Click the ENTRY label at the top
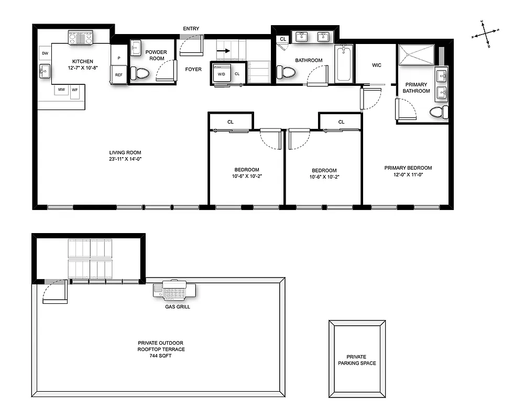(191, 29)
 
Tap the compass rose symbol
(486, 34)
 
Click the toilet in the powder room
(139, 73)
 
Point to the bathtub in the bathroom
(344, 63)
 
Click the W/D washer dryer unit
(221, 74)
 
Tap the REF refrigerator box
(119, 75)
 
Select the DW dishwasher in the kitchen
(45, 53)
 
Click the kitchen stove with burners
(80, 38)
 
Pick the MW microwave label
(62, 90)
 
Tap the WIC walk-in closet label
(376, 65)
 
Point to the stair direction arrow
(224, 51)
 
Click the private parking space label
(357, 360)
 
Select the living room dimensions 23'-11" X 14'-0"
(126, 159)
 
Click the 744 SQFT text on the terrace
(161, 356)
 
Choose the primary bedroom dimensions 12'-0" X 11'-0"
(408, 174)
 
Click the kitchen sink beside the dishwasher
(45, 71)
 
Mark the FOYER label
(193, 69)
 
